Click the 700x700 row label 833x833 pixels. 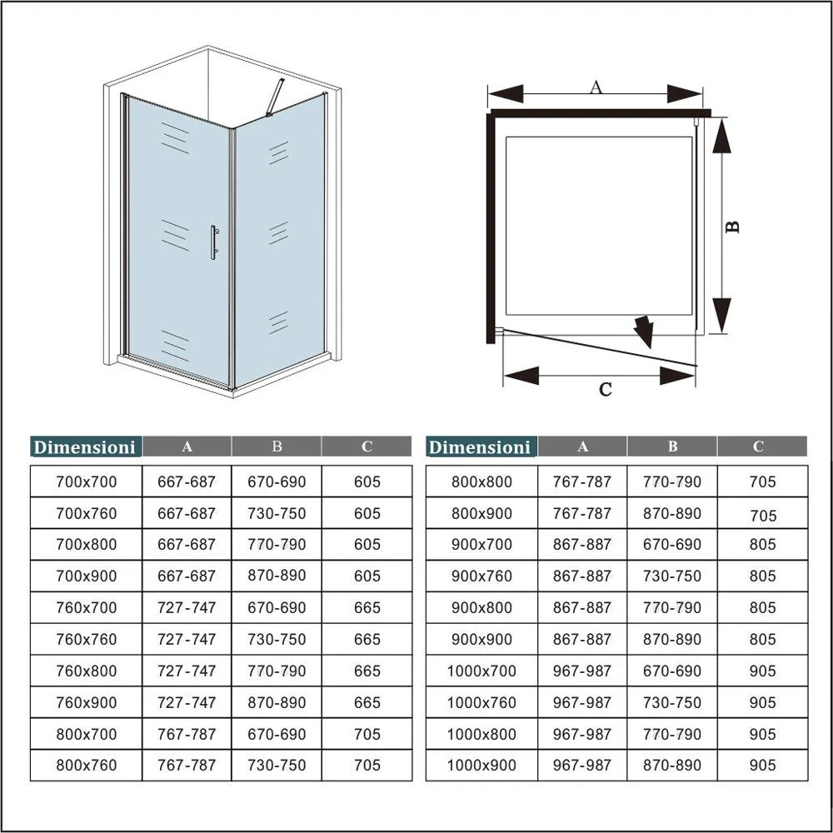click(86, 481)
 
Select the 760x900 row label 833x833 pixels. click(86, 702)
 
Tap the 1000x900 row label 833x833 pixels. click(481, 766)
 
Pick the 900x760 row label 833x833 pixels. click(481, 576)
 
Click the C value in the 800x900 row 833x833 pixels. click(762, 516)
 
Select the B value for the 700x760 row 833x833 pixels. click(277, 513)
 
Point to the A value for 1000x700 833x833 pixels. click(581, 671)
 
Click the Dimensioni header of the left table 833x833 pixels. click(85, 447)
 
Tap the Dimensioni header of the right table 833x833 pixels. click(480, 447)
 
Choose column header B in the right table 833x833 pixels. click(672, 446)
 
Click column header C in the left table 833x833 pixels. click(367, 446)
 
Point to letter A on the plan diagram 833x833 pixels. click(596, 86)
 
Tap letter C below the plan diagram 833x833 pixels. click(606, 389)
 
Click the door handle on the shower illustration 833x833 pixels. click(213, 242)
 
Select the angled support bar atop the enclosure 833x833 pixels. click(274, 97)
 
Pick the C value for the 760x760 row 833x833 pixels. click(367, 639)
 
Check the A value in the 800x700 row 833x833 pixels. click(187, 734)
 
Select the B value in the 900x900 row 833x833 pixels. click(672, 639)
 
